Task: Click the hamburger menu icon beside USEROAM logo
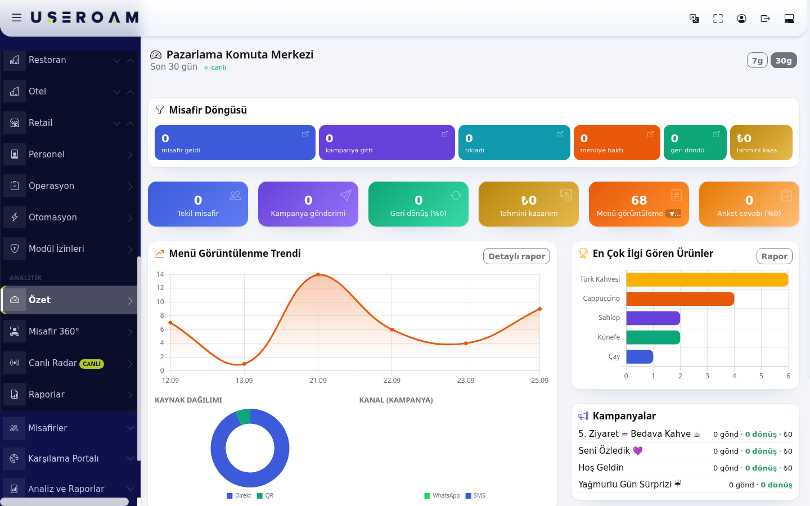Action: [17, 17]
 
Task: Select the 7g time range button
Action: [757, 60]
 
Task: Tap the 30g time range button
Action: [784, 60]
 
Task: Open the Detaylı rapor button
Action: [516, 256]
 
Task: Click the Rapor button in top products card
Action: [774, 256]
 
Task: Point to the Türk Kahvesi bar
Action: [707, 279]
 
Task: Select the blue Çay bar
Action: [640, 356]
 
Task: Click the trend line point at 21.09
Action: [318, 274]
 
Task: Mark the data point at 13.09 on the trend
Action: [244, 364]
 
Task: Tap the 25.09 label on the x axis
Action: [539, 381]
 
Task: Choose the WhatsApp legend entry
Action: [442, 495]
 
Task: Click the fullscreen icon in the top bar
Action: [718, 19]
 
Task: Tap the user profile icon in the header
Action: [741, 19]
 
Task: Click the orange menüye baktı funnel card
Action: [617, 142]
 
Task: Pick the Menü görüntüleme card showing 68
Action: [638, 204]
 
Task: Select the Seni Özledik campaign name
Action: [604, 451]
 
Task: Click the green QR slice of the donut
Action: [244, 417]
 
